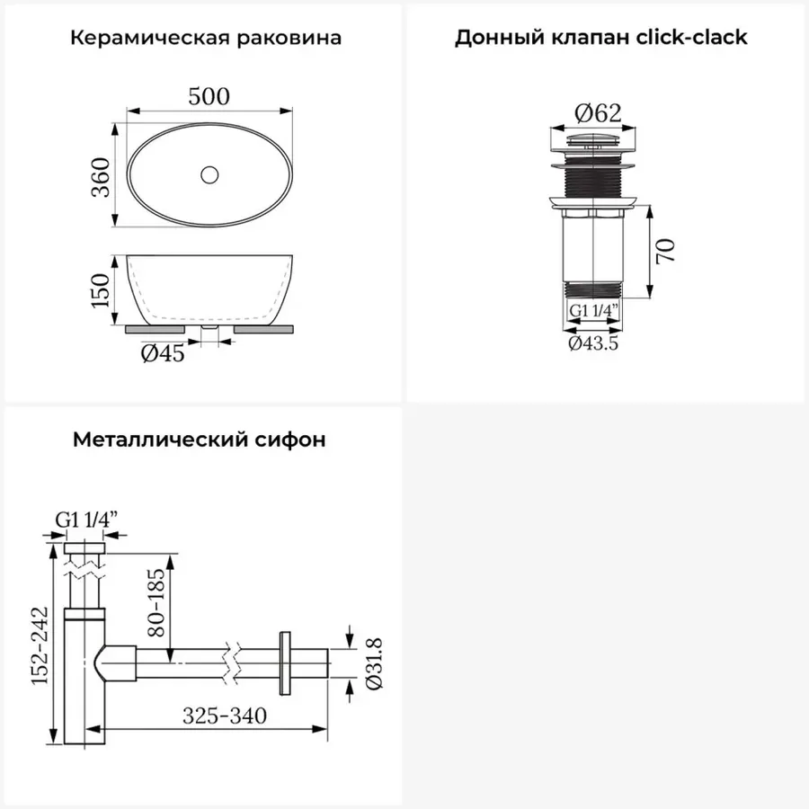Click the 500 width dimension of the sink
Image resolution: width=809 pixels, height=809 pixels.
pos(209,96)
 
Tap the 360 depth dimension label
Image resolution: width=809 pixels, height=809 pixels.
pos(101,177)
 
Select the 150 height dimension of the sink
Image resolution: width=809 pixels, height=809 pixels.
pos(100,290)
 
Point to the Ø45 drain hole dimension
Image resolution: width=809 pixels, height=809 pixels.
pos(163,353)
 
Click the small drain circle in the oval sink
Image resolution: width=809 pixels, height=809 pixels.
pos(209,175)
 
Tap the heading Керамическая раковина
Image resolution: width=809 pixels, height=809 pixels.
pos(206,38)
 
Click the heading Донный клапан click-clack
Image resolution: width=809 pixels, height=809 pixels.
pos(601,37)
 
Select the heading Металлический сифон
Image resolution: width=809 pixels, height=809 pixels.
pos(200,440)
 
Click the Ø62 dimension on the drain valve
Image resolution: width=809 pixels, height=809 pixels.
pos(598,113)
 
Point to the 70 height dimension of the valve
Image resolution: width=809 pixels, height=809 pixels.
pos(665,251)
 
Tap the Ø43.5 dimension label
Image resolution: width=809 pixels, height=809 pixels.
pos(593,343)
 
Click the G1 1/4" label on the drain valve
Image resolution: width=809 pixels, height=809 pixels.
pos(593,311)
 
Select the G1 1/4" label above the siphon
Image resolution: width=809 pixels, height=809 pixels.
pos(86,519)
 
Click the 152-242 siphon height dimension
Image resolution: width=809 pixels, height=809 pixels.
pos(40,646)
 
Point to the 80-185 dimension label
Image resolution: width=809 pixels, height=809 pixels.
pos(156,602)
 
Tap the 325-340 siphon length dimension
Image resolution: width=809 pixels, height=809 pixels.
pos(225,716)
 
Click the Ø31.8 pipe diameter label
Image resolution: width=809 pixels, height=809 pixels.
pos(374,663)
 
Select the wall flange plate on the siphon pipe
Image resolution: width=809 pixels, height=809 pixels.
pos(284,663)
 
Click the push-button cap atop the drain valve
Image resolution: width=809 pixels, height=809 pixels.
pos(593,139)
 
